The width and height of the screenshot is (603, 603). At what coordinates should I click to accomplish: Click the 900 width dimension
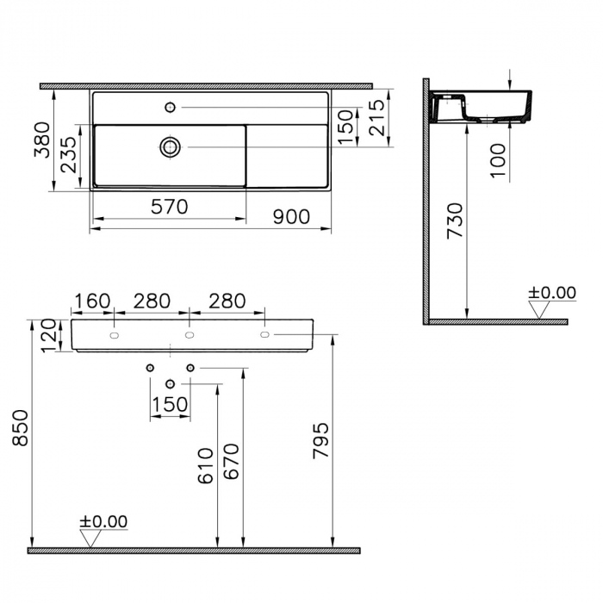(291, 216)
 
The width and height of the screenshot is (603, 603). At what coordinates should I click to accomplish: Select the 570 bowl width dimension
(170, 207)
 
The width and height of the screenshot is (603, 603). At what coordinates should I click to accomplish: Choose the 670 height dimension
(232, 466)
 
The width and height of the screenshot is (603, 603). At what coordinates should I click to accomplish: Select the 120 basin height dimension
(48, 336)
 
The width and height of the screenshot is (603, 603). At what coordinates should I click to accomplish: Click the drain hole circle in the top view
(170, 147)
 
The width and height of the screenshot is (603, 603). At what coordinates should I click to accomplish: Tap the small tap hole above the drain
(170, 107)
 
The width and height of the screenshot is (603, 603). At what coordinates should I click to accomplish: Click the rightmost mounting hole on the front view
(264, 333)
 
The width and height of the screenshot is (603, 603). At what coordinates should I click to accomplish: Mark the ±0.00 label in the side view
(551, 293)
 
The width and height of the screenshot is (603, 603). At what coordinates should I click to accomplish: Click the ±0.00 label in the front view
(103, 522)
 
